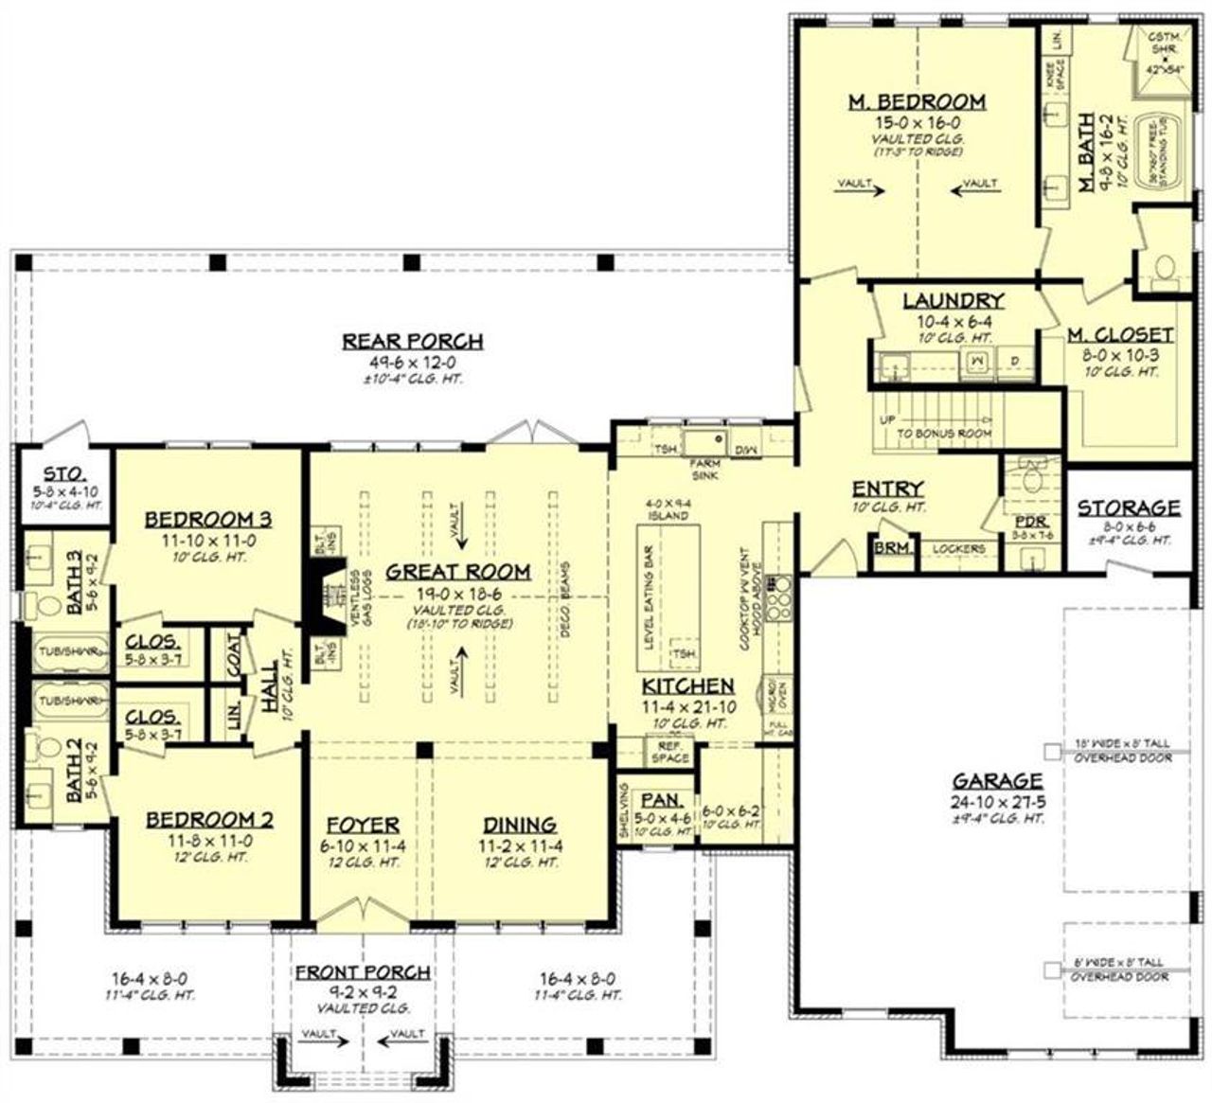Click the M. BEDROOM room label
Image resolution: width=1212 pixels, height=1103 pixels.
(916, 101)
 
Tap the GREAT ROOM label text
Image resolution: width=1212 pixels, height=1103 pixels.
(457, 572)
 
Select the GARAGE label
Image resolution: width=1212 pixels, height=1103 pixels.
(997, 781)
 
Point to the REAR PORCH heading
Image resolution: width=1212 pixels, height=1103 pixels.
(412, 341)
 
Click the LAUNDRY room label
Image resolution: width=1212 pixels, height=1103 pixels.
(953, 301)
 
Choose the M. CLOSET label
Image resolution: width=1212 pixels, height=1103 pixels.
(1120, 335)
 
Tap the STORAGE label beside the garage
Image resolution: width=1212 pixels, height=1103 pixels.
(1129, 508)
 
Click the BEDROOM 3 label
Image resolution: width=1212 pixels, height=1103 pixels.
(208, 519)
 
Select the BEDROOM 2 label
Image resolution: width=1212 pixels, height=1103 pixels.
(208, 820)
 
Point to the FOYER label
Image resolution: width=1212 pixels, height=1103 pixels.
(363, 825)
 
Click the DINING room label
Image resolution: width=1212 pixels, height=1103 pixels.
(520, 825)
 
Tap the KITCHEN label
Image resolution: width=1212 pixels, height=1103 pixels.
(687, 686)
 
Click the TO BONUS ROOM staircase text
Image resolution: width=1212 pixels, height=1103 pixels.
(945, 433)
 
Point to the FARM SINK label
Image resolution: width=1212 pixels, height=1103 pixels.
(704, 470)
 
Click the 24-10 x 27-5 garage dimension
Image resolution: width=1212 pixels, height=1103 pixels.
(997, 801)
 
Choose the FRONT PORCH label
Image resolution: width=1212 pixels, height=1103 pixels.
(363, 972)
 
